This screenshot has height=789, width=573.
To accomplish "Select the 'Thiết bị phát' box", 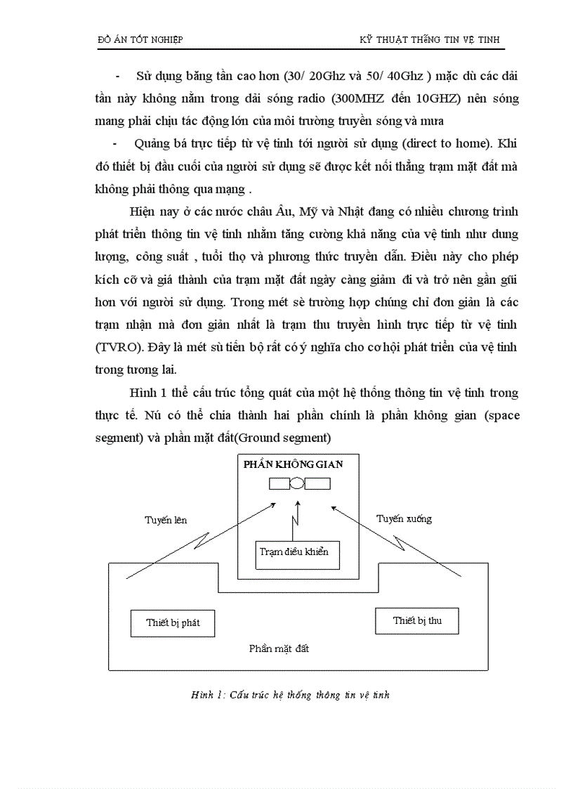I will pyautogui.click(x=173, y=622).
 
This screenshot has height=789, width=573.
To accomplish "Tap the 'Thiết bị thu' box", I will pyautogui.click(x=417, y=620).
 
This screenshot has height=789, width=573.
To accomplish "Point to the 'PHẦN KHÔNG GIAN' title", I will pyautogui.click(x=293, y=464).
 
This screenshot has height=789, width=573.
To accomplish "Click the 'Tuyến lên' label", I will pyautogui.click(x=166, y=520).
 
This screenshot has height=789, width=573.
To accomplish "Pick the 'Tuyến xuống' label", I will pyautogui.click(x=404, y=519).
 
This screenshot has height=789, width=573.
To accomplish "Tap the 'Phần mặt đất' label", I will pyautogui.click(x=279, y=648).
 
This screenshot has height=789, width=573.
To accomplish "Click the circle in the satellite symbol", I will pyautogui.click(x=298, y=483).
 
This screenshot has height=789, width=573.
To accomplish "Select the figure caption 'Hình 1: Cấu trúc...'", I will pyautogui.click(x=289, y=695).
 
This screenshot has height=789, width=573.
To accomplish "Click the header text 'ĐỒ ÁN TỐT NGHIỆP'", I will pyautogui.click(x=140, y=40).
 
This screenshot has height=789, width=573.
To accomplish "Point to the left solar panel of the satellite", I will pyautogui.click(x=280, y=483).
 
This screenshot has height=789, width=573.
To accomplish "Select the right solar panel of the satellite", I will pyautogui.click(x=317, y=483).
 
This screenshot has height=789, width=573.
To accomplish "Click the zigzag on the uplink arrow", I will pyautogui.click(x=202, y=542).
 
